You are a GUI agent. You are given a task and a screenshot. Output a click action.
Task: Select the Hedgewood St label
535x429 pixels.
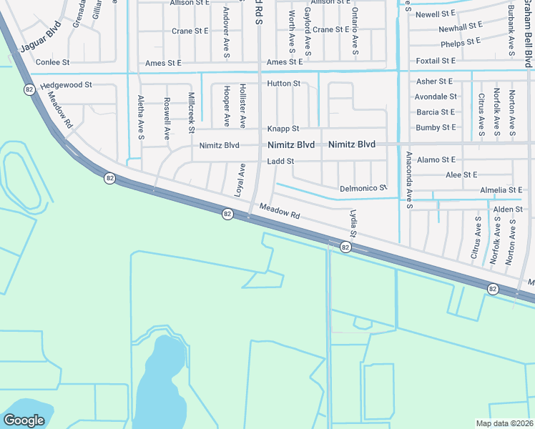(67, 85)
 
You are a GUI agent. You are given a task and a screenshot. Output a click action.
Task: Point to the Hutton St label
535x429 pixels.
(283, 84)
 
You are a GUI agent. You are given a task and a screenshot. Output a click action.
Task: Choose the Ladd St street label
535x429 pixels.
(280, 162)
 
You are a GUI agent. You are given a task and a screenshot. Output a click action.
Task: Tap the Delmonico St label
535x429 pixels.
(363, 188)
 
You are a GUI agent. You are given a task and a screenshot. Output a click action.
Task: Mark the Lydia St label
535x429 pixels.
(353, 222)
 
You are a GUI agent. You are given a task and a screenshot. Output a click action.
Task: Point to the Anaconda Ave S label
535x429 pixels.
(409, 179)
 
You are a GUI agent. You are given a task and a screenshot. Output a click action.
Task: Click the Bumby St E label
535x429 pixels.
(436, 127)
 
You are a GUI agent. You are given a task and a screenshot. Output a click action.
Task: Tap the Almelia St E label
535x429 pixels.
(501, 190)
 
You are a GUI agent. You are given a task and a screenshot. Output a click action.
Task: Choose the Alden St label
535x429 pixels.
(509, 209)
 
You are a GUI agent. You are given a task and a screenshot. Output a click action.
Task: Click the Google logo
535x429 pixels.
(24, 420)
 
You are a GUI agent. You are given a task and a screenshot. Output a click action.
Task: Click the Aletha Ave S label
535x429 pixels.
(140, 116)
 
